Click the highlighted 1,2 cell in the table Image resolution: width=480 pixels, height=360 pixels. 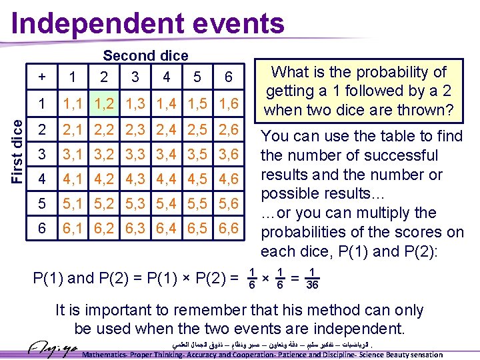[x=103, y=103]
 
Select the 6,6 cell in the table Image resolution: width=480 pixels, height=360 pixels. [x=228, y=229]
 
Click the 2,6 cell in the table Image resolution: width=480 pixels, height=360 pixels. [x=228, y=129]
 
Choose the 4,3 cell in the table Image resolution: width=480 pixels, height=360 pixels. [x=135, y=179]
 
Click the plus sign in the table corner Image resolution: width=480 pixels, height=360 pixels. [x=42, y=77]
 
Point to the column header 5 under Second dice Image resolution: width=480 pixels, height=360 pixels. [x=197, y=77]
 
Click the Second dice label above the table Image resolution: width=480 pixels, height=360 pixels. [x=145, y=56]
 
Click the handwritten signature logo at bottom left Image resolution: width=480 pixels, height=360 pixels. [x=53, y=349]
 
